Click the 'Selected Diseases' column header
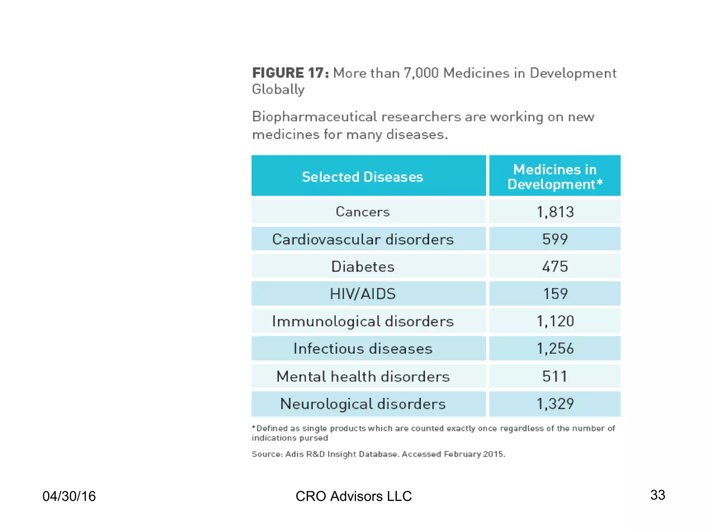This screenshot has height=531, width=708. click(x=362, y=177)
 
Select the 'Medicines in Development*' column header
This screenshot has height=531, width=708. click(x=555, y=177)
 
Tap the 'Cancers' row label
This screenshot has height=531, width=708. click(x=363, y=212)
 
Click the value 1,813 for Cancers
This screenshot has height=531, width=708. click(x=555, y=212)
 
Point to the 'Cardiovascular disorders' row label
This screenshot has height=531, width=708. click(x=363, y=239)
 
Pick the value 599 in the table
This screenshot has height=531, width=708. click(x=555, y=239)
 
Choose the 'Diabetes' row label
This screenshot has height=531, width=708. click(x=363, y=267)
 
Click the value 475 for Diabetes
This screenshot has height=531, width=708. click(x=555, y=267)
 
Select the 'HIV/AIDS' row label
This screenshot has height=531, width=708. click(x=363, y=294)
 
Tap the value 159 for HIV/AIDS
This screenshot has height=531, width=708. click(x=555, y=294)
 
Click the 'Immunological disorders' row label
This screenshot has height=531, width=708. click(x=363, y=321)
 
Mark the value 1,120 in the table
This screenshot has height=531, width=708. click(x=555, y=321)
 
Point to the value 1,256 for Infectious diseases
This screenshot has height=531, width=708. click(x=555, y=348)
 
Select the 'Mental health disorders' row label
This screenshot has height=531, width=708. click(x=363, y=376)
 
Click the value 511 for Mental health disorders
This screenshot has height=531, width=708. click(x=555, y=376)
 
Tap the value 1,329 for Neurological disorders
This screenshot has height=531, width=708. click(x=555, y=404)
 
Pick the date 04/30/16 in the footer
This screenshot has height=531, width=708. click(x=69, y=496)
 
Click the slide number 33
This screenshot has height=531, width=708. click(x=658, y=495)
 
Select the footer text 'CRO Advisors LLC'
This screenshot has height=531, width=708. click(x=354, y=496)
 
